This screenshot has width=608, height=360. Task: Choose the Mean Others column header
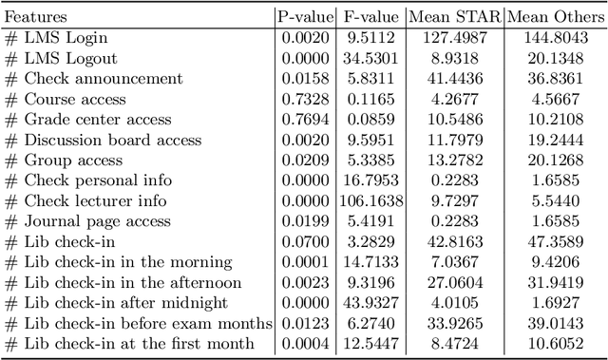[x=554, y=16]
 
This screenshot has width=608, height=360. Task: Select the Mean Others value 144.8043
[x=554, y=38]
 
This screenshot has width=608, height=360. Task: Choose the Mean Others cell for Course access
[x=554, y=99]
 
